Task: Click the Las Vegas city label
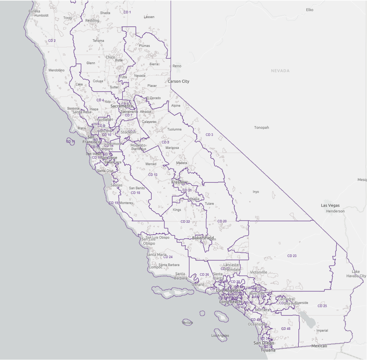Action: [x=330, y=205]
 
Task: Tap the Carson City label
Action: [x=178, y=81]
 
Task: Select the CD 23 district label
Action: [x=292, y=256]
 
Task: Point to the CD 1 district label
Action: [x=127, y=12]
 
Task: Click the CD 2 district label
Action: [x=52, y=40]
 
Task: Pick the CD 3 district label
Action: [x=209, y=135]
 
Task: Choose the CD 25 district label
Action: [x=322, y=306]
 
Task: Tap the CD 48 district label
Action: [x=286, y=329]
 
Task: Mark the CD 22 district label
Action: [x=185, y=221]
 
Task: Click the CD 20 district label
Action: [x=222, y=221]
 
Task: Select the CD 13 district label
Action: [x=153, y=175]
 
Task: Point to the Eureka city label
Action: [x=34, y=11]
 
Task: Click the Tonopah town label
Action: [x=262, y=128]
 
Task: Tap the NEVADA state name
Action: [x=280, y=71]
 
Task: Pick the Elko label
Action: [x=310, y=10]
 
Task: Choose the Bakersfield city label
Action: [x=203, y=238]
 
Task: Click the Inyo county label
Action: [x=256, y=191]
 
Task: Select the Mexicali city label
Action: [x=320, y=346]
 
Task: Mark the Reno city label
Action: [x=177, y=66]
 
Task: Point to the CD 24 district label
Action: [x=168, y=257]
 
